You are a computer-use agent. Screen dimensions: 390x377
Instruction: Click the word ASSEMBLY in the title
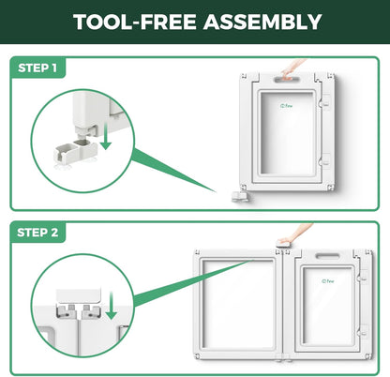[x=262, y=22]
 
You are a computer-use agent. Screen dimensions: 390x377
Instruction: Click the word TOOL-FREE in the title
[x=135, y=22]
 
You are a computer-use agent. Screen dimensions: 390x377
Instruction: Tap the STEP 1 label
[x=37, y=68]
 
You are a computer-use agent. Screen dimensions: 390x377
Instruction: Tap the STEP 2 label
[x=37, y=233]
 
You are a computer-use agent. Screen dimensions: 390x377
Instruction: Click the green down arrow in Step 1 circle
[x=106, y=136]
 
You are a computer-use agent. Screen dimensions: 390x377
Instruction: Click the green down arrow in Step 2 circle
[x=111, y=306]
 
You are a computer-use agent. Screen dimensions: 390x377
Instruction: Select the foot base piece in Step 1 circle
[x=76, y=152]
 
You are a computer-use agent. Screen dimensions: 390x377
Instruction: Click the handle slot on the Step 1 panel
[x=287, y=80]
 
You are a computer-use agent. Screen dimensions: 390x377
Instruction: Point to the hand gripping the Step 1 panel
[x=292, y=68]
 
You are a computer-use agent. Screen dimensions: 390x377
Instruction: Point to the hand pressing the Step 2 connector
[x=295, y=234]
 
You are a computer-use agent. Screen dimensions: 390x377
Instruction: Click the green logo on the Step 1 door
[x=286, y=106]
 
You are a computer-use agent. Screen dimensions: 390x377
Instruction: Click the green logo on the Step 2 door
[x=328, y=281]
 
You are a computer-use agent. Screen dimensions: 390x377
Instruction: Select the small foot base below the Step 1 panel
[x=240, y=196]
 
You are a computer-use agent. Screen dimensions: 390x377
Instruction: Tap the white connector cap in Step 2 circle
[x=79, y=295]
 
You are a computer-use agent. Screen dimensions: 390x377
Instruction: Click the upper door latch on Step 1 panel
[x=325, y=100]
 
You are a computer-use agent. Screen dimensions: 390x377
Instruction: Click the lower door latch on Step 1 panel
[x=325, y=160]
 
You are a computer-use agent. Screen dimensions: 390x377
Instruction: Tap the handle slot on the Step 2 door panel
[x=327, y=256]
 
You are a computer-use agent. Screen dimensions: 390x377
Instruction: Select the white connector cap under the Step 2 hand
[x=283, y=244]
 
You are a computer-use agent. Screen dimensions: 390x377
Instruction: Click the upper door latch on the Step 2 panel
[x=364, y=276]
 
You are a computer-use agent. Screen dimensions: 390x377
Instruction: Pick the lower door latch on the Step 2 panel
[x=364, y=331]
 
